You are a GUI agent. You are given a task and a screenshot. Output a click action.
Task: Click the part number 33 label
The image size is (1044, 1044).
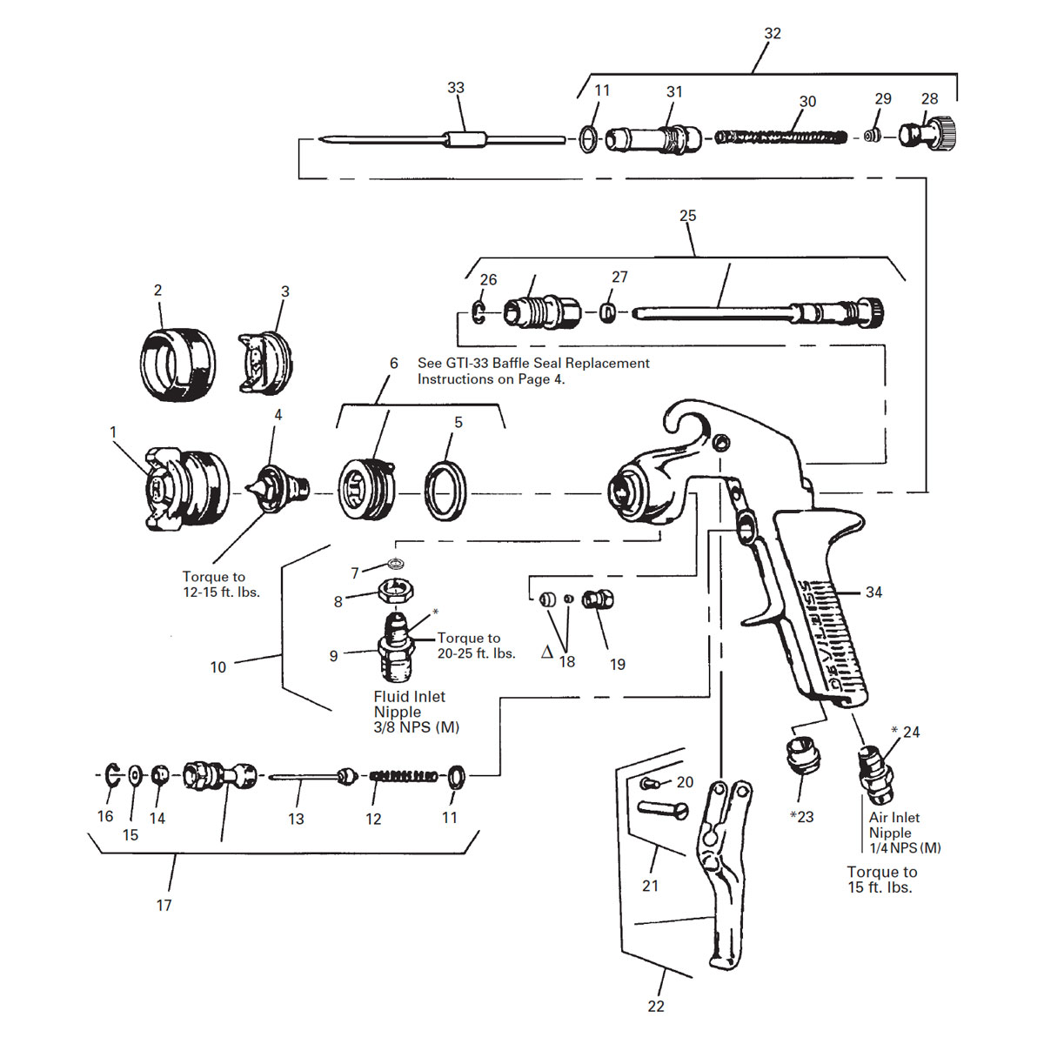pyautogui.click(x=456, y=88)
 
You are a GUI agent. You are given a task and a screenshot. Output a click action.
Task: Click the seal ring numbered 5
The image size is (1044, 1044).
pyautogui.click(x=445, y=491)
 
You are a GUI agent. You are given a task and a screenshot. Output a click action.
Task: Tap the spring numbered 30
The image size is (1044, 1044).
pyautogui.click(x=780, y=137)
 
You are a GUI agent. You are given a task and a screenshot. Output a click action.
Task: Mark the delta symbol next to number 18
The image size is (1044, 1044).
pyautogui.click(x=547, y=652)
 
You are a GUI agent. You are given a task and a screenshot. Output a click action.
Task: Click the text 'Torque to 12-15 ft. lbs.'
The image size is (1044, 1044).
pyautogui.click(x=221, y=584)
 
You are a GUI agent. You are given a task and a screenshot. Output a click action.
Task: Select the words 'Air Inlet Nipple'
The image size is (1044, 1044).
pyautogui.click(x=893, y=825)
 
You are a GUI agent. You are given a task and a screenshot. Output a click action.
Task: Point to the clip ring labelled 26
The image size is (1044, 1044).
pyautogui.click(x=479, y=311)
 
